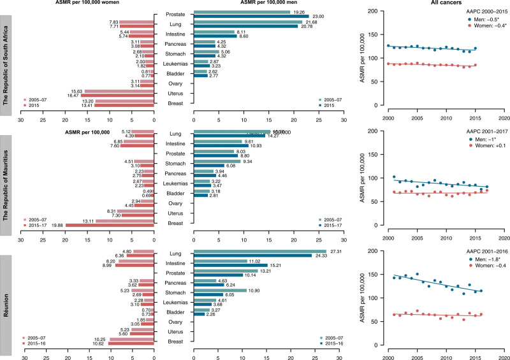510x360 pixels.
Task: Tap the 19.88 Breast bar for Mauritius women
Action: tap(110, 225)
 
